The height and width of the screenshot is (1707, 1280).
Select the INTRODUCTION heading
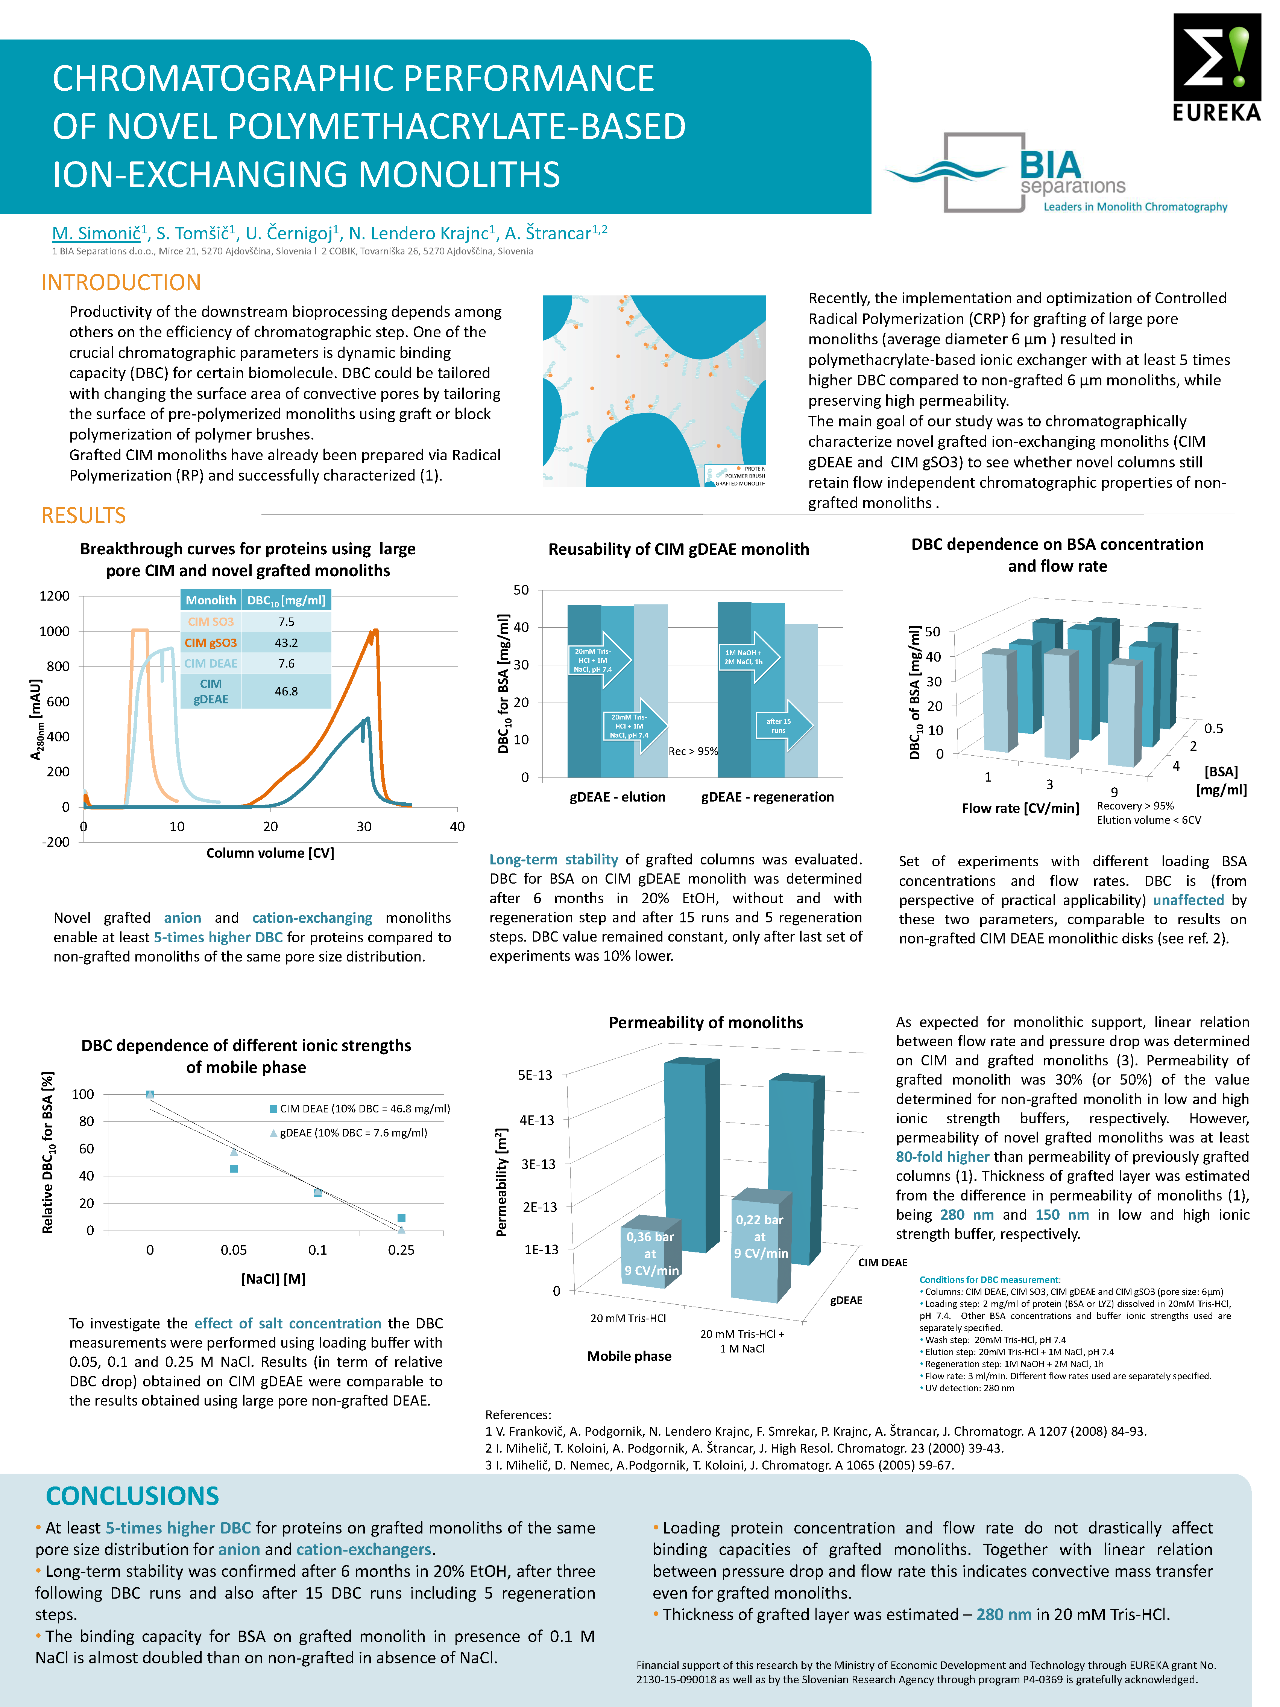121,283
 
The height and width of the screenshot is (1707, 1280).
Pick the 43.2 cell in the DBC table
286,642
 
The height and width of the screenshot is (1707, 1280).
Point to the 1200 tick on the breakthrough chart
55,596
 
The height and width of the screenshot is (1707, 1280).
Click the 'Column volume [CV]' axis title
270,853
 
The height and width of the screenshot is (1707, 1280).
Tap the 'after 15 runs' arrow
784,726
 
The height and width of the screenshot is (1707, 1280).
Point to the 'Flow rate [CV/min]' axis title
1020,808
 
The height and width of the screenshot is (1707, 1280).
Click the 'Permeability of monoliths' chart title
705,1022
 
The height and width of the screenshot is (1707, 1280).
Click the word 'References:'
518,1415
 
